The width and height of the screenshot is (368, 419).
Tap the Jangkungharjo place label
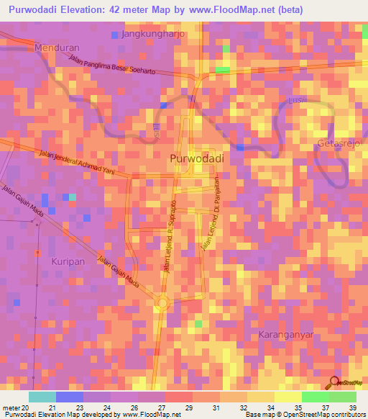(154, 34)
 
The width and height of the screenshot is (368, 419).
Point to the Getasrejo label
(339, 145)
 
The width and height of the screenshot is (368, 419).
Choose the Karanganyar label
(288, 335)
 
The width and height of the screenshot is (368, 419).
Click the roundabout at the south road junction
(161, 303)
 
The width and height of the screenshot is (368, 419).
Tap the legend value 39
(352, 408)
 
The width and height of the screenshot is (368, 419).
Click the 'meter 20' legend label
(17, 408)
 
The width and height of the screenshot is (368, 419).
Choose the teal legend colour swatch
(42, 397)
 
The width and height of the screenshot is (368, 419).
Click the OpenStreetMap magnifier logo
(334, 382)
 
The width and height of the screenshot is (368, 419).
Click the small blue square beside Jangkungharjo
(115, 35)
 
